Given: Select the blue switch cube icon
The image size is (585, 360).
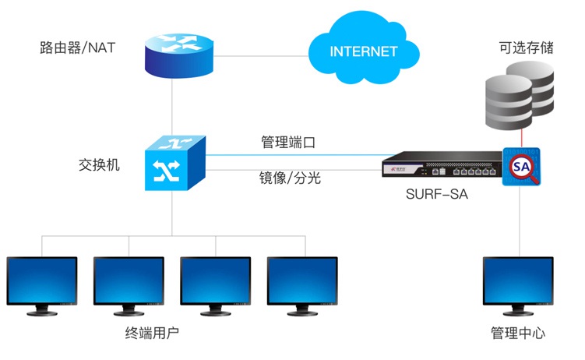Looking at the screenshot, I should pos(174,162).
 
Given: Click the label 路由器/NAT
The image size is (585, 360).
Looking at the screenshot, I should pos(77,48).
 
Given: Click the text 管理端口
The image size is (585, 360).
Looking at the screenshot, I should pos(287,143).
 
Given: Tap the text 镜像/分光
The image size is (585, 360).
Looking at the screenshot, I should pos(290,178).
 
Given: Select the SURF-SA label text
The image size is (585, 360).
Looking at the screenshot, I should pos(441,195).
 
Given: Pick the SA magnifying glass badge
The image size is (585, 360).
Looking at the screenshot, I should pos(520,167).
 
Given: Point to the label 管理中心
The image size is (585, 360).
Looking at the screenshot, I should pos(518,334).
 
